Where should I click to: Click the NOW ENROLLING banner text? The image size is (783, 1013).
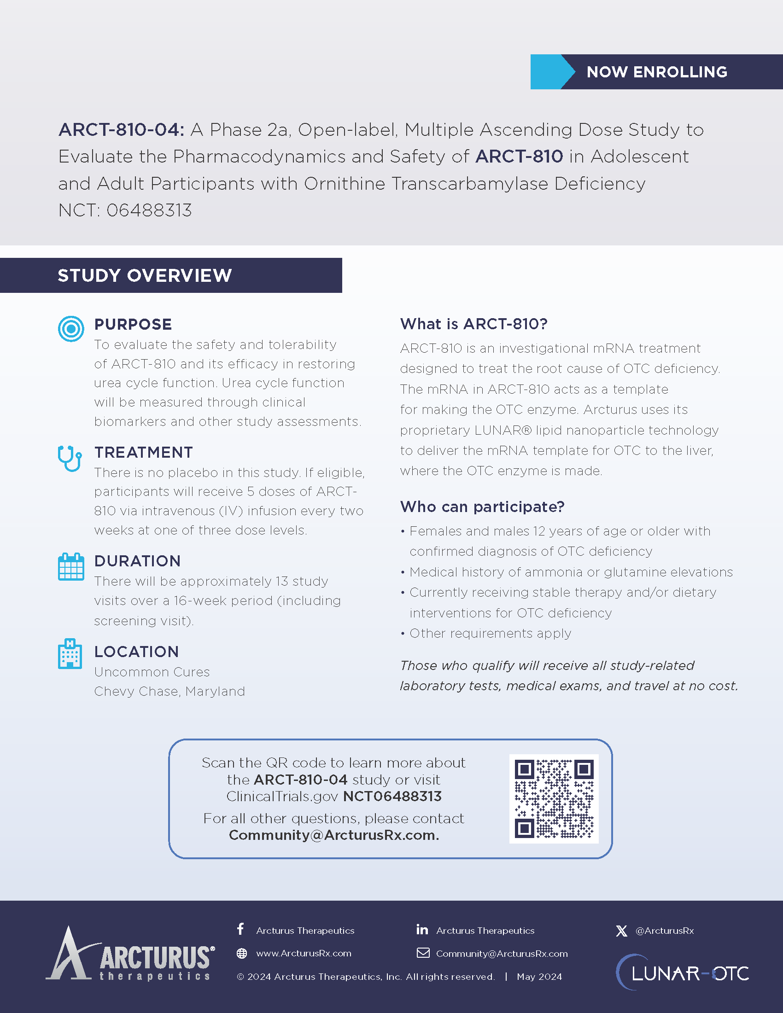click(656, 72)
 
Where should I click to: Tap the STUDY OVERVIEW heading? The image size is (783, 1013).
click(145, 275)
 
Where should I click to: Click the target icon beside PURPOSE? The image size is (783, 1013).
click(71, 329)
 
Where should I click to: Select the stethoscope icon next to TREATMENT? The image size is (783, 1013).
click(70, 458)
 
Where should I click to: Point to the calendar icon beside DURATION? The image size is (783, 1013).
click(71, 567)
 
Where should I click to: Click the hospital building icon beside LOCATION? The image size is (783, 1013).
click(70, 654)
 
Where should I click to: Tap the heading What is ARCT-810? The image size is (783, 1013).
click(473, 324)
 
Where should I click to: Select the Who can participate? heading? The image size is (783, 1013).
click(482, 506)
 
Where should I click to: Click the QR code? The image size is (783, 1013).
click(554, 799)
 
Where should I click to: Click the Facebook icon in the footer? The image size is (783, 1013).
click(240, 929)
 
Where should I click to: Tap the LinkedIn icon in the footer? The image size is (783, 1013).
click(422, 929)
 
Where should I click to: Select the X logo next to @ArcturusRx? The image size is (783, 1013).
click(622, 931)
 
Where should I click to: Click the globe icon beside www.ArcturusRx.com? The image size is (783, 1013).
click(242, 953)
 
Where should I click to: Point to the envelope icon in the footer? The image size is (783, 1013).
click(423, 953)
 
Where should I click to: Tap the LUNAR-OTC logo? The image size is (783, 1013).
click(682, 972)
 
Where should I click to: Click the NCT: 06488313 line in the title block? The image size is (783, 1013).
click(125, 210)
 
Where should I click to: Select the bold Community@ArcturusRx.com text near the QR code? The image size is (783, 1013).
click(333, 835)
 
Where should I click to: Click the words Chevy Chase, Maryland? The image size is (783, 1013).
click(169, 691)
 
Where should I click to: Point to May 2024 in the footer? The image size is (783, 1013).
click(539, 977)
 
